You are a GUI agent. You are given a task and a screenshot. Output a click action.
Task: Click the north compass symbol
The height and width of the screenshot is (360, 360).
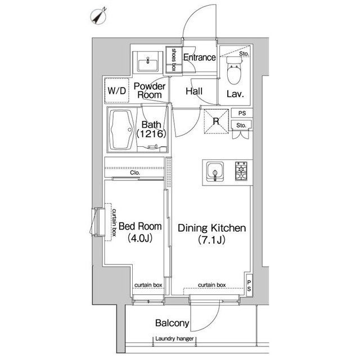coord(98,16)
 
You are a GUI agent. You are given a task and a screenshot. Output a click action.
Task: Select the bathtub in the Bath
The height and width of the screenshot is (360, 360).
coord(121,130)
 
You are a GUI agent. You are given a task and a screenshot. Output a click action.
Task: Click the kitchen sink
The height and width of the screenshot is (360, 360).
coord(215,172)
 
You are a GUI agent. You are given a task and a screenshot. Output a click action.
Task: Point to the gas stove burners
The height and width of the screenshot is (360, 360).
coord(241,171)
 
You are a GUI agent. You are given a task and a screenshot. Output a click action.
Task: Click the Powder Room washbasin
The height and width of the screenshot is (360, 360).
coord(147,64)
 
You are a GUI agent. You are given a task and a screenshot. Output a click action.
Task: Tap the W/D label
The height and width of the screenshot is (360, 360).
coord(116,91)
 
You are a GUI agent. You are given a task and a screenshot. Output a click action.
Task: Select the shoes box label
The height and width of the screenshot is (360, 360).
coord(174,60)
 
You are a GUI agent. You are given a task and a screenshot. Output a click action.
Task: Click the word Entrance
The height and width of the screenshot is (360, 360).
coord(200,57)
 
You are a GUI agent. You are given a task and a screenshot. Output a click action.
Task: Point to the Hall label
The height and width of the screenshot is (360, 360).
coord(194,91)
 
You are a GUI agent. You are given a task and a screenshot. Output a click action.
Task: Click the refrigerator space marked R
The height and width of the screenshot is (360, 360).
coord(216,121)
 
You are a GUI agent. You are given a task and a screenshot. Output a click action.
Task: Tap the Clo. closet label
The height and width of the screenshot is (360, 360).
coord(135,173)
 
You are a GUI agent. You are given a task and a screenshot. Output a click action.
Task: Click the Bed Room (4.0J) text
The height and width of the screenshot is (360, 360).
coord(140,232)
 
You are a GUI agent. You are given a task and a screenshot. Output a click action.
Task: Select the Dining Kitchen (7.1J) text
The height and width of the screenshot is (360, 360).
coord(211,234)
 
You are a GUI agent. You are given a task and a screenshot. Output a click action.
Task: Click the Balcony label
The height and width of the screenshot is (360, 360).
coord(172,323)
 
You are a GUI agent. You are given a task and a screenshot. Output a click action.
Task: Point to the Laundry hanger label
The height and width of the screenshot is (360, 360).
coord(174,339)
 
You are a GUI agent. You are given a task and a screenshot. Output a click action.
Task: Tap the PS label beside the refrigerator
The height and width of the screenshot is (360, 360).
coord(242,113)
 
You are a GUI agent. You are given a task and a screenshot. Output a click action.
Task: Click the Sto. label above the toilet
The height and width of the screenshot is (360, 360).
coord(244,54)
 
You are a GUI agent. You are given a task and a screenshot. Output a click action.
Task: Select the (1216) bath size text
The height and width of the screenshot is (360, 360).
coord(151,134)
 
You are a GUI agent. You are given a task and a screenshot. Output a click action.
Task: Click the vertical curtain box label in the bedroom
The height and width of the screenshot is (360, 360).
coord(114,223)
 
